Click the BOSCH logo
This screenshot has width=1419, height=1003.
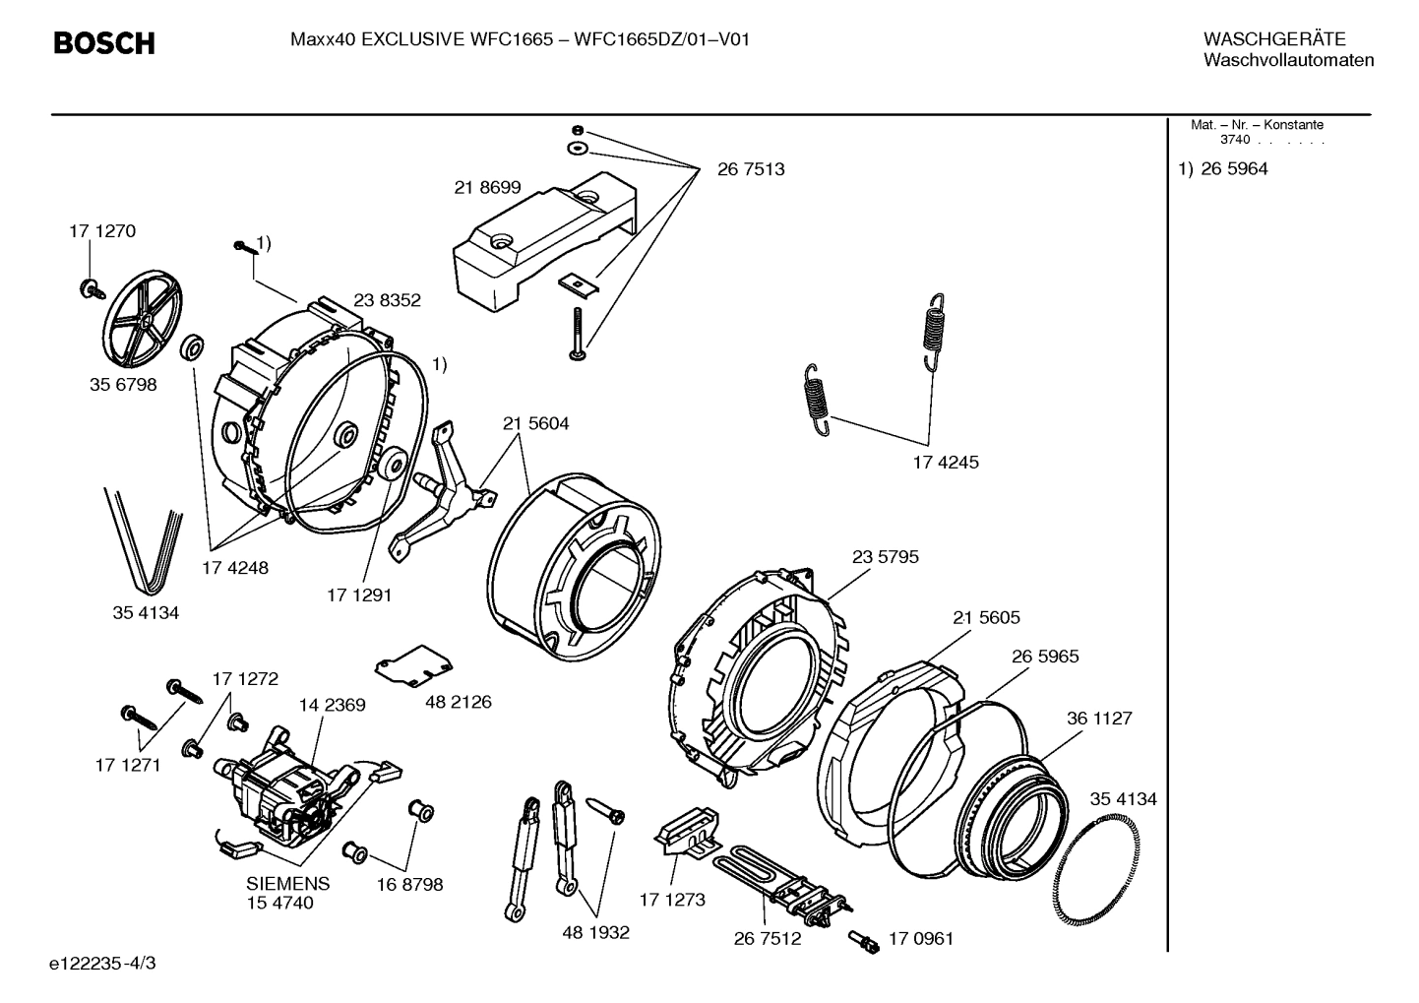pos(104,43)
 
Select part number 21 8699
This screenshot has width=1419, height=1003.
pos(487,187)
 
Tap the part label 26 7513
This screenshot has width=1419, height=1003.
pos(751,169)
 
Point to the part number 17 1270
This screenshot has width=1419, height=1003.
pos(102,231)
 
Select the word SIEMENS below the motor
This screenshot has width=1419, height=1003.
pos(287,884)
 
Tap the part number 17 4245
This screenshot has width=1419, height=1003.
pos(946,462)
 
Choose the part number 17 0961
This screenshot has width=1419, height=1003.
pos(921,938)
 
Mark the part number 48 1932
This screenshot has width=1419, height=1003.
pos(595,932)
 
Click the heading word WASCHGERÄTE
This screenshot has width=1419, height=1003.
pos(1274,39)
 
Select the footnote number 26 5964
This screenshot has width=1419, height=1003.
pos(1234,169)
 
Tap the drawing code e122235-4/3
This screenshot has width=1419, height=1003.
pos(107,962)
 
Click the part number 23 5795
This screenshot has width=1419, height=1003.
pos(885,557)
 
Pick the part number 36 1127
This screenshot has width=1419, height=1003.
pos(1099,719)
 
